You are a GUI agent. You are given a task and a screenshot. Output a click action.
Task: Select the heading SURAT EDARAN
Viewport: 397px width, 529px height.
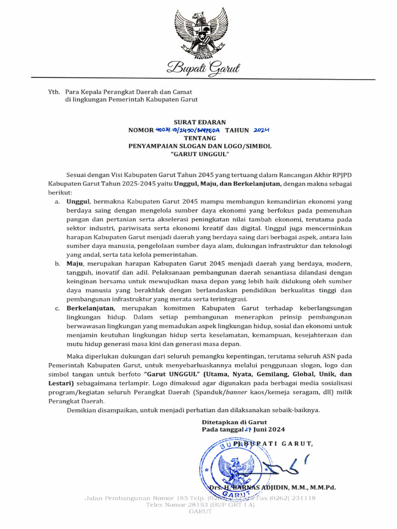(200, 122)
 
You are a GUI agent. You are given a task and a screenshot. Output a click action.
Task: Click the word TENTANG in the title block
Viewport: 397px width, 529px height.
(199, 138)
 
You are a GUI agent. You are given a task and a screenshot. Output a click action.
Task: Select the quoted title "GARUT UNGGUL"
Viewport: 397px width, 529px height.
(200, 154)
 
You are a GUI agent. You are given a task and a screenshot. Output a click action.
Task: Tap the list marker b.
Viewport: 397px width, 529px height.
(57, 264)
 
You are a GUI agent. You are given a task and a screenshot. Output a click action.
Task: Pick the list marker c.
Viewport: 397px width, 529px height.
(57, 308)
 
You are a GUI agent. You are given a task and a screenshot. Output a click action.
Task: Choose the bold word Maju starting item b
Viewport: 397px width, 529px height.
(75, 264)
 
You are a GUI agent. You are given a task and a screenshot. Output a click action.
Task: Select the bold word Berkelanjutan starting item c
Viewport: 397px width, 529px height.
(89, 308)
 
